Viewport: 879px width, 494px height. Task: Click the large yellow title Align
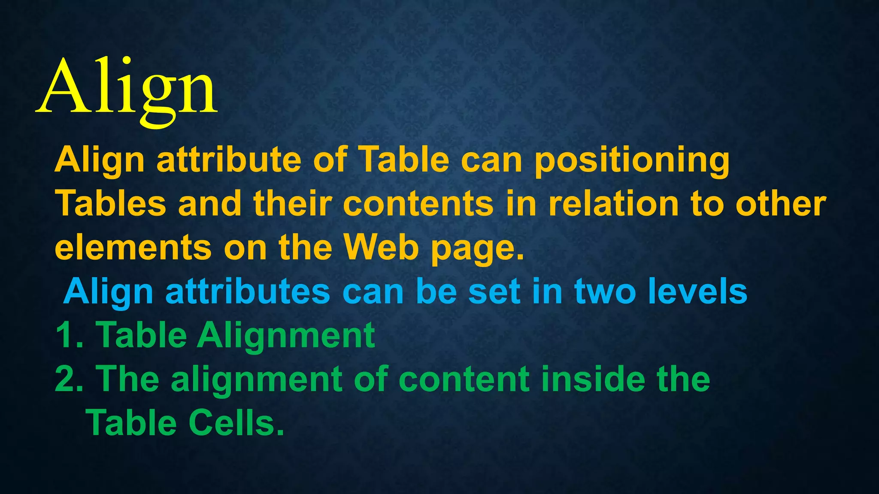pyautogui.click(x=127, y=88)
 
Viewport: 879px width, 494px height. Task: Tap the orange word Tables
pyautogui.click(x=110, y=203)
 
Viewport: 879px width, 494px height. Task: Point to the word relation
pyautogui.click(x=614, y=203)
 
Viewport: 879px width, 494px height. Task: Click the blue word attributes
pyautogui.click(x=248, y=292)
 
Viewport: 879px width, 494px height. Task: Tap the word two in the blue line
pyautogui.click(x=605, y=292)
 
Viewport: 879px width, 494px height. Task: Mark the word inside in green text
pyautogui.click(x=594, y=380)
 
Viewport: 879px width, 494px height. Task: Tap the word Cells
pyautogui.click(x=236, y=424)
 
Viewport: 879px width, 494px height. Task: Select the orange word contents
pyautogui.click(x=418, y=203)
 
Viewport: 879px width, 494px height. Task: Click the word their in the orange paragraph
pyautogui.click(x=292, y=203)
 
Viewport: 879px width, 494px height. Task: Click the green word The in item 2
pyautogui.click(x=129, y=380)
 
